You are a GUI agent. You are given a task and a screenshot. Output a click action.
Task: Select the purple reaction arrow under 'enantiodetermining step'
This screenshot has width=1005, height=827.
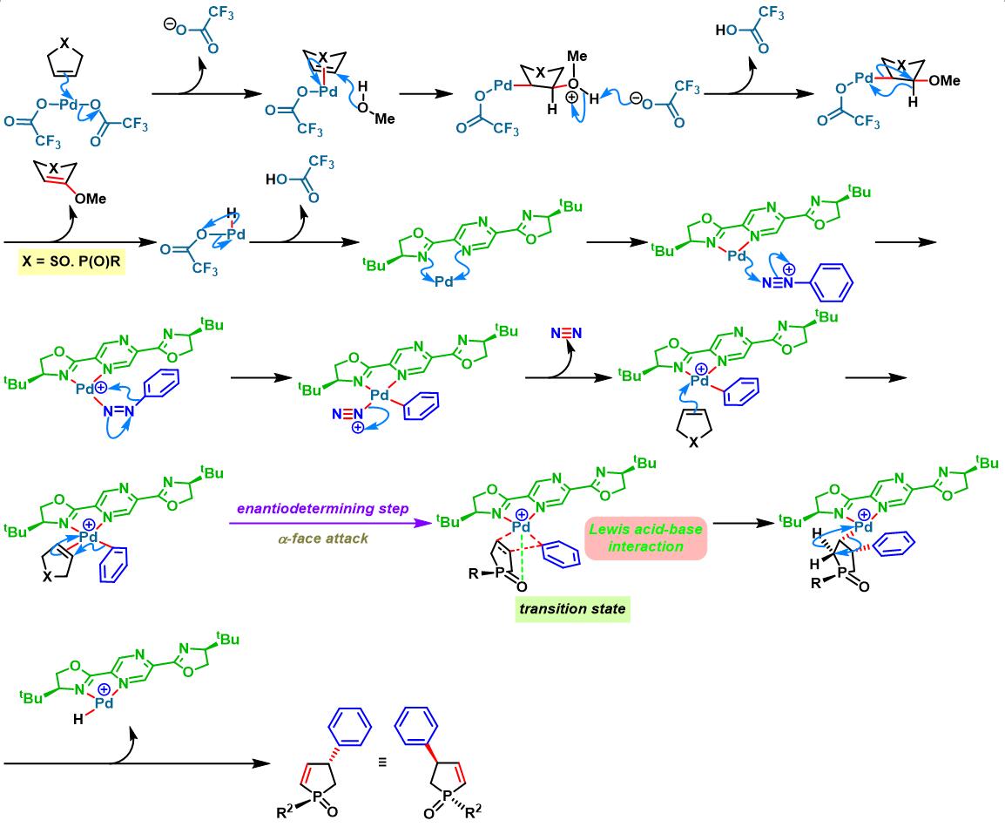pos(331,523)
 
